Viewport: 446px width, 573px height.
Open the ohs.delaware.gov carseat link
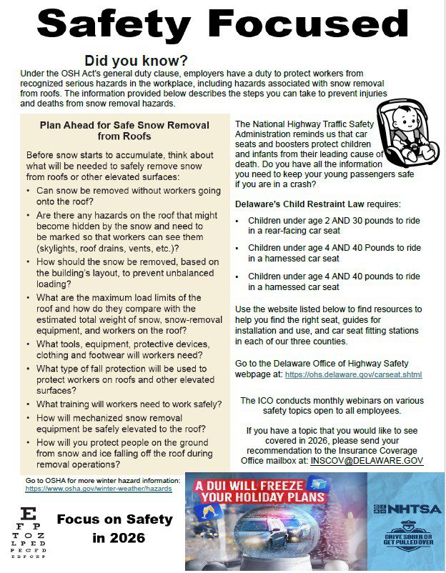353,374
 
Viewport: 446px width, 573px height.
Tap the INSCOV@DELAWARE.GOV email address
367,461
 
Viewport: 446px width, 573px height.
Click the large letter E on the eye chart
28,512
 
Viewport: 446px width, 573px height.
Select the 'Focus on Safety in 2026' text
114,528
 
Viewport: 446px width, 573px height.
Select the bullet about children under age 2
329,225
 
